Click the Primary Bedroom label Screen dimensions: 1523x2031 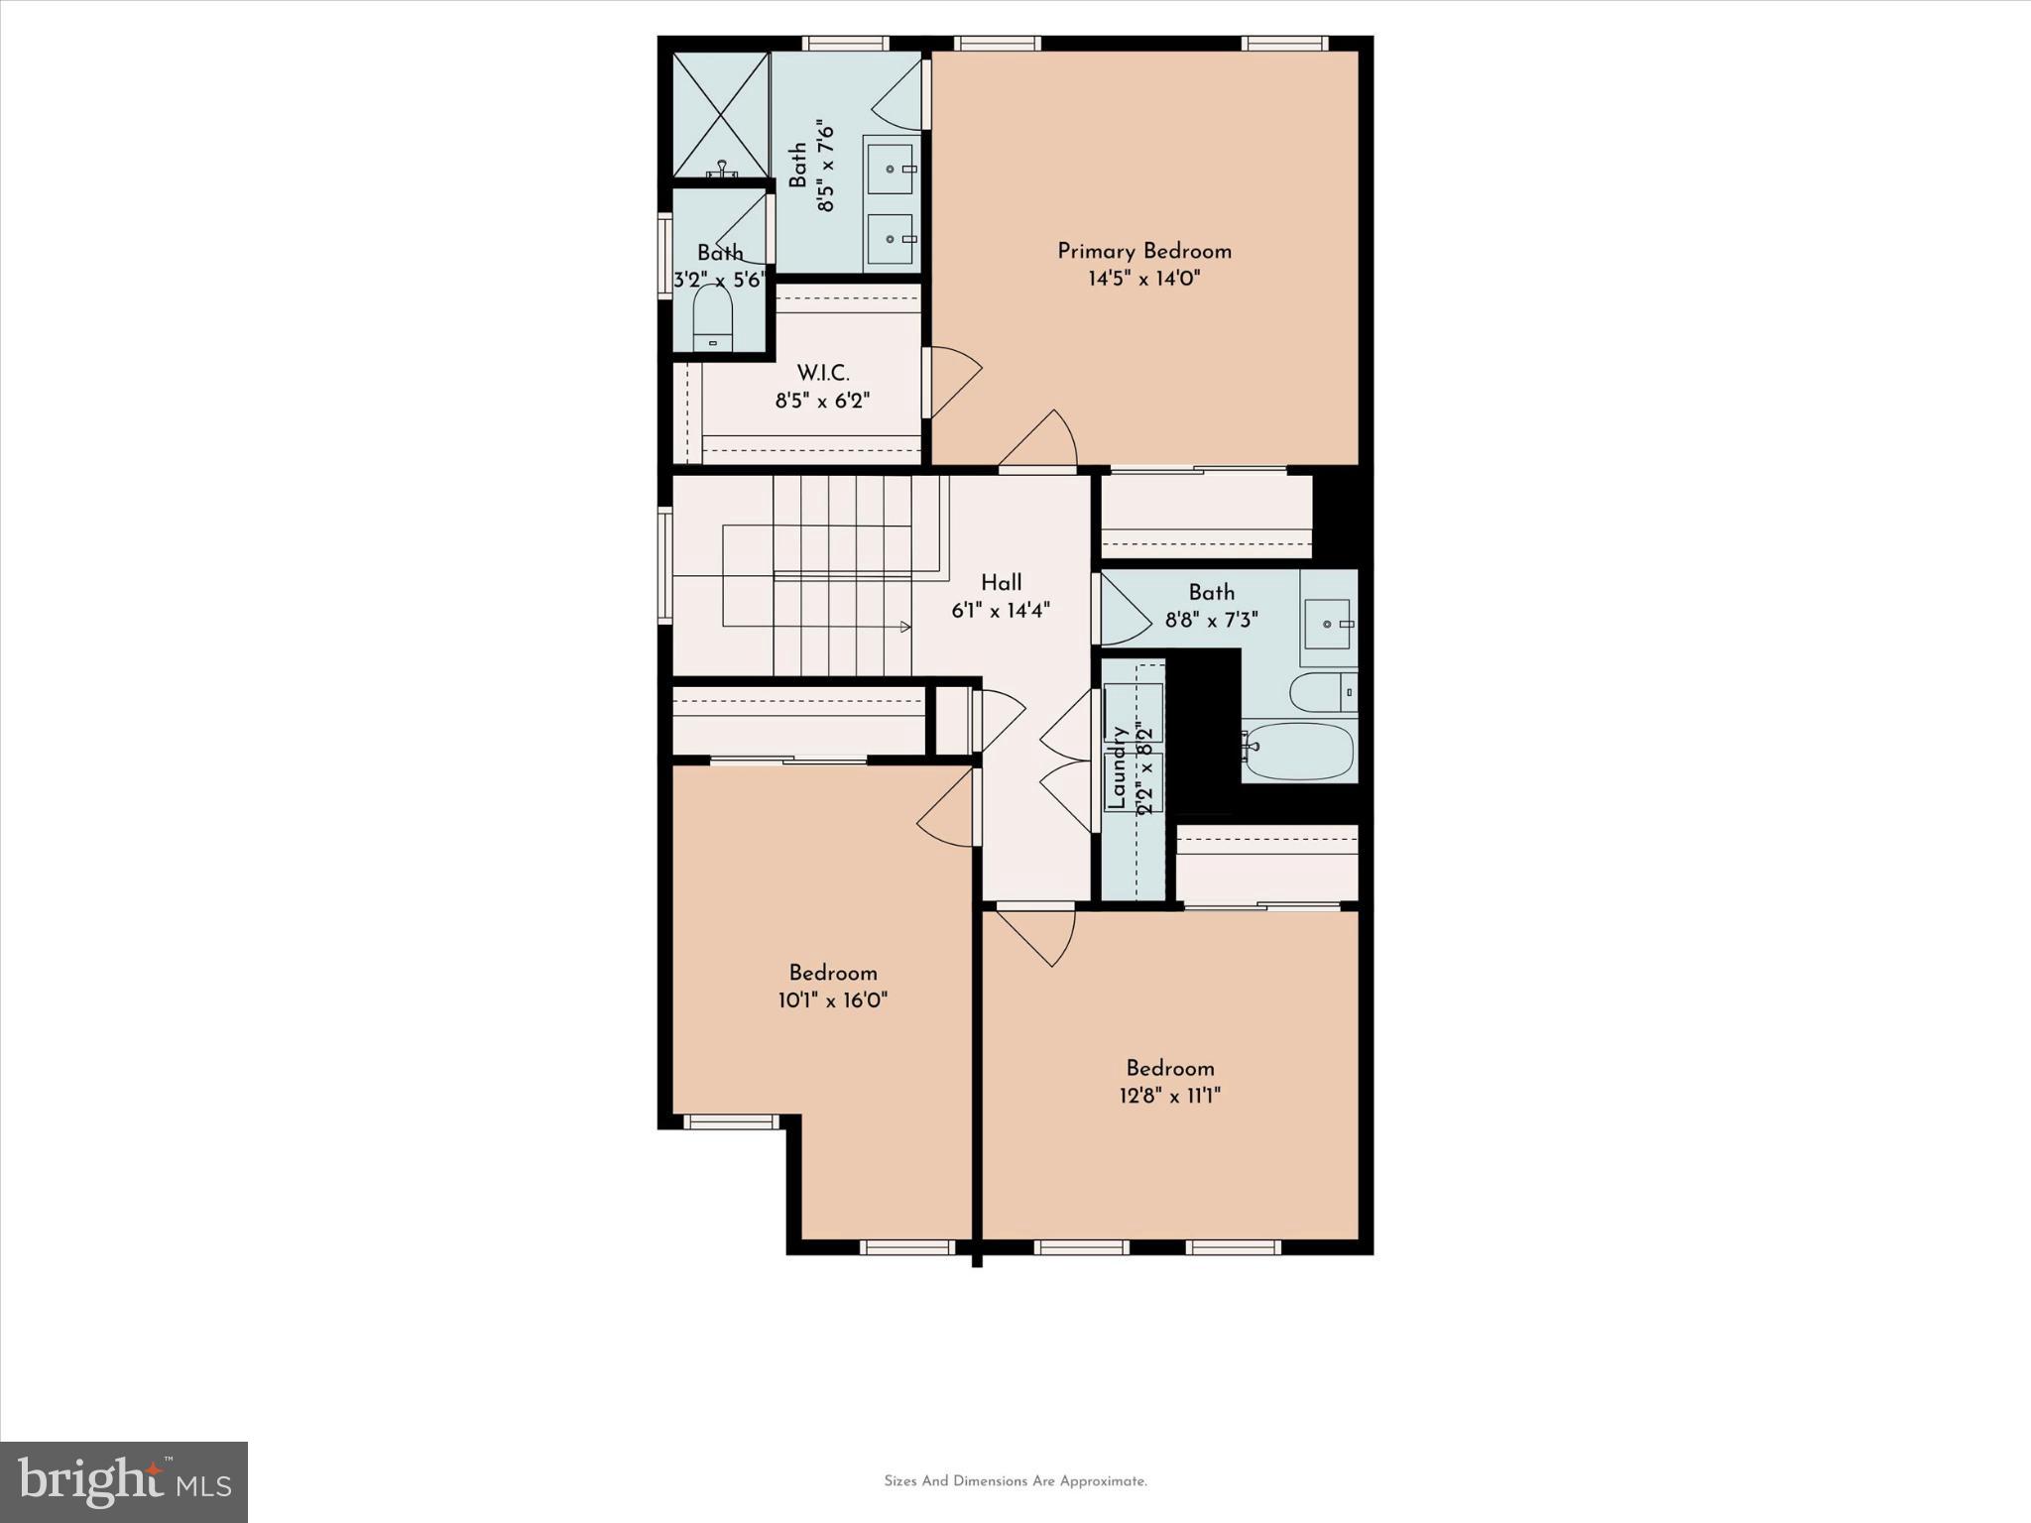[x=1143, y=251]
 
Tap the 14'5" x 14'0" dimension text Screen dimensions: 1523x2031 [x=1143, y=279]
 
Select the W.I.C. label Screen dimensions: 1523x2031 [x=822, y=373]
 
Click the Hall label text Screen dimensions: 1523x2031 [x=1001, y=582]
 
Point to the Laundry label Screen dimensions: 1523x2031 [x=1118, y=767]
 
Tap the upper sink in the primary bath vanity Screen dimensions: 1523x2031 [x=890, y=170]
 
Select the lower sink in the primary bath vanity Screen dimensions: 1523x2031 [x=890, y=239]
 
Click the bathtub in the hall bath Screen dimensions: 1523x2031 [x=1299, y=750]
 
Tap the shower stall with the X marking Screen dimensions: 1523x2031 [x=721, y=115]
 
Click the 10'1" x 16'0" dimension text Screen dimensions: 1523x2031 [x=832, y=1000]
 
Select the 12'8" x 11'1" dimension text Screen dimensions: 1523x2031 [x=1169, y=1096]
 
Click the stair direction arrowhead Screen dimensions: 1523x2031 [x=904, y=627]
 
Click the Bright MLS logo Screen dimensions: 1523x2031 [x=124, y=1481]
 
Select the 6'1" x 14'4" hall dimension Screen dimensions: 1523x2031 [x=1001, y=611]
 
